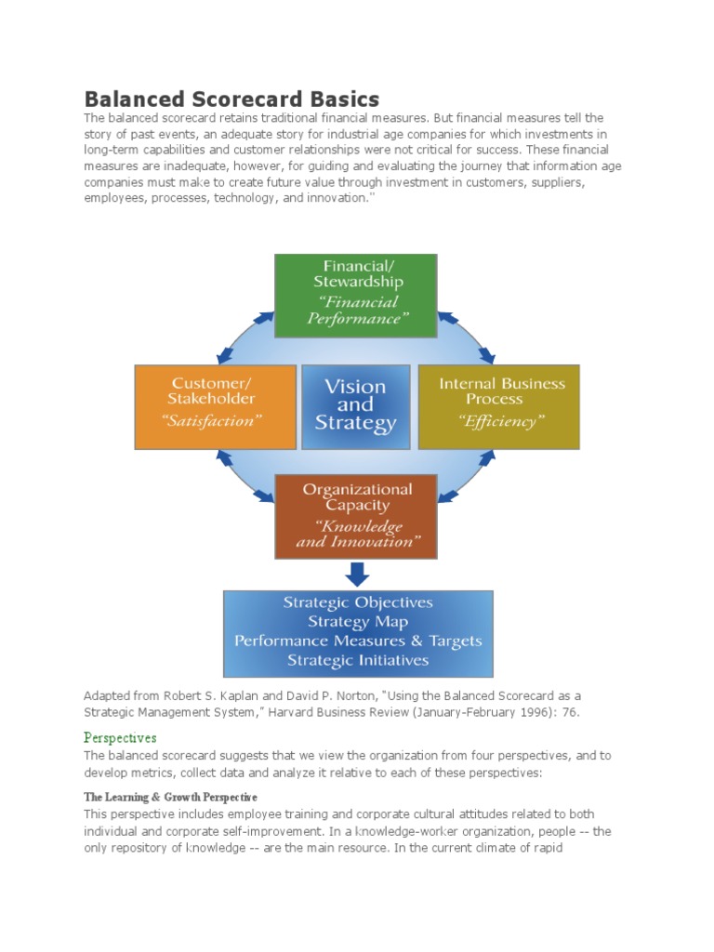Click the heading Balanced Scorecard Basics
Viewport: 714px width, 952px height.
[231, 99]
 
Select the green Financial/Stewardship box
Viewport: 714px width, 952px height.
[356, 296]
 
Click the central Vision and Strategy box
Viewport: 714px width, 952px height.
[356, 406]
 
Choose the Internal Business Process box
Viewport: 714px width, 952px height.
[499, 406]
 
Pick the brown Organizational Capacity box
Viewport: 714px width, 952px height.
[356, 517]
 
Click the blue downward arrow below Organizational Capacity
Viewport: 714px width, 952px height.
[356, 574]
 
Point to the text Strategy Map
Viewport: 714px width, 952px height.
[358, 622]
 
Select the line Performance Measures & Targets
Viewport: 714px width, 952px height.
[358, 641]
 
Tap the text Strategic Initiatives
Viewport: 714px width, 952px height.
[358, 661]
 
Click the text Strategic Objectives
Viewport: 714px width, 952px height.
[358, 602]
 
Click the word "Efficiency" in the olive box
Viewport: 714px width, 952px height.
[501, 422]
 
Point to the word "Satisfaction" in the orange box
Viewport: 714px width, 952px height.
[212, 421]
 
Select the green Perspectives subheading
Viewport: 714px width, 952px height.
[120, 737]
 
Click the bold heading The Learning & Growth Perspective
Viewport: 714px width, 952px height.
[170, 798]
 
